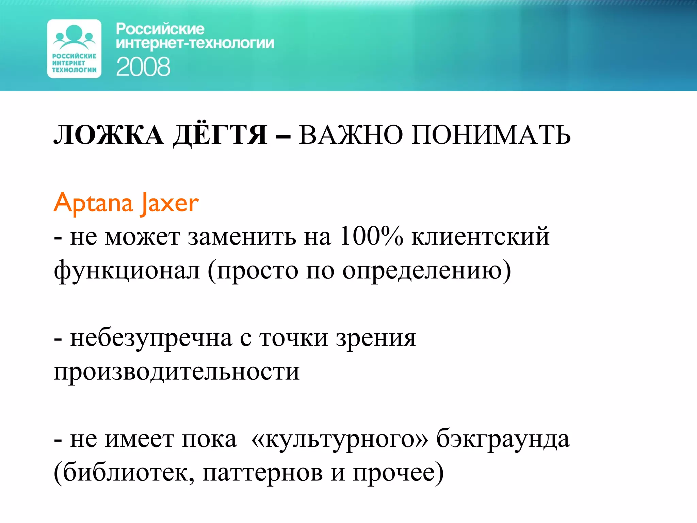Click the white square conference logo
[x=74, y=49]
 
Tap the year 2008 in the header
[x=143, y=67]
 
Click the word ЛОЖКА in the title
[x=109, y=135]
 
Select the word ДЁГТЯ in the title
[x=220, y=135]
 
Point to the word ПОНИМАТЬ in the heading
[x=491, y=135]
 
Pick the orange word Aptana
[x=93, y=203]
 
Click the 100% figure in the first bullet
[x=371, y=236]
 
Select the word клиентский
[x=480, y=236]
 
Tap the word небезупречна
[x=151, y=338]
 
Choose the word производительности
[x=177, y=371]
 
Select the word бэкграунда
[x=503, y=439]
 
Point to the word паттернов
[x=262, y=473]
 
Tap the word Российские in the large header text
[x=160, y=29]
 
